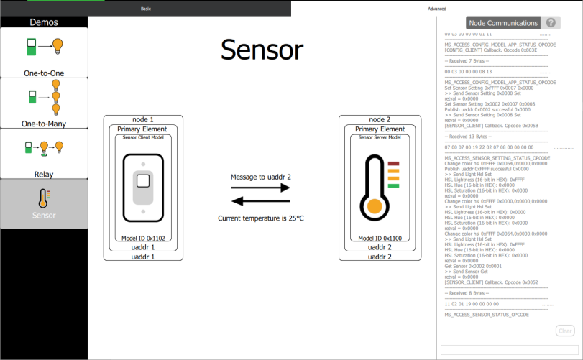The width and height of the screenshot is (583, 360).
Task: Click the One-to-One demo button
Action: [44, 52]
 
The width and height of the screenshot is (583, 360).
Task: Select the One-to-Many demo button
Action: [44, 103]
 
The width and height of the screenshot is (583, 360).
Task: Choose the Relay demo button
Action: [44, 153]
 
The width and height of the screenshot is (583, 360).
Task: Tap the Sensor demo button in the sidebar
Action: [44, 203]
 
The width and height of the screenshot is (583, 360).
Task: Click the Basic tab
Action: [146, 8]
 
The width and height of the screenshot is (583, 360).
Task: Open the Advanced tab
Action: [436, 8]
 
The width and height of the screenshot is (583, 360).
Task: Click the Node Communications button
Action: [502, 23]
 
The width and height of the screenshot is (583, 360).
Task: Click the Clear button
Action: [565, 331]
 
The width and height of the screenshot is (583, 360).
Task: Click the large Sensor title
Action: [262, 50]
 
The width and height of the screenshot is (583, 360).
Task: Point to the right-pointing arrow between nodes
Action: [261, 188]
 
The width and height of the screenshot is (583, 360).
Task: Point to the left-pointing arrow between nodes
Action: [261, 201]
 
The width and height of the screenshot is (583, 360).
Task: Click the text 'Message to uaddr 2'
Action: [260, 176]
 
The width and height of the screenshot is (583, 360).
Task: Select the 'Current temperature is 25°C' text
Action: [261, 218]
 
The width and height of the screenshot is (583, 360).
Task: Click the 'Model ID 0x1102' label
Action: [143, 238]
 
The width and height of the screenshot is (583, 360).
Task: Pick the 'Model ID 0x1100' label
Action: [375, 238]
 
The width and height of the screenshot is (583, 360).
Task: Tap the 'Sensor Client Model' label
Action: [143, 137]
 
